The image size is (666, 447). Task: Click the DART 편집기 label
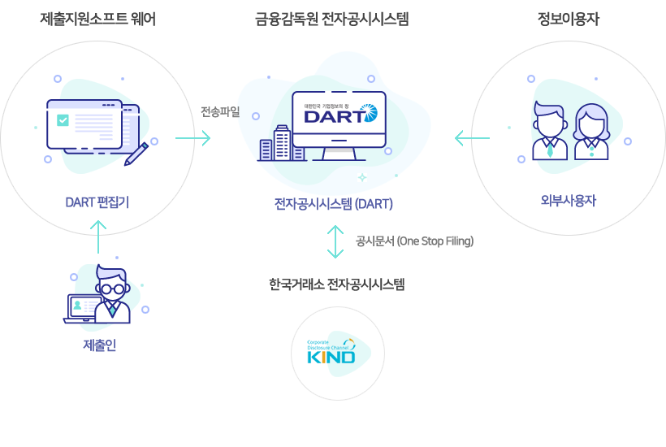(x=97, y=202)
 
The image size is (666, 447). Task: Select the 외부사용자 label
(x=568, y=201)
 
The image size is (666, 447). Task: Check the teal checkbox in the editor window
(x=63, y=120)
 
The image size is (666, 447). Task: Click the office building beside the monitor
(x=281, y=144)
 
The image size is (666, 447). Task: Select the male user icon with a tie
(x=550, y=131)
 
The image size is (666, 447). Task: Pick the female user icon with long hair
(x=591, y=132)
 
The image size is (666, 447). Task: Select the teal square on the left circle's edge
(x=202, y=138)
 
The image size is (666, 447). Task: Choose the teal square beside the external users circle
(x=463, y=138)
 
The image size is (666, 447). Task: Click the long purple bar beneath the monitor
(x=333, y=204)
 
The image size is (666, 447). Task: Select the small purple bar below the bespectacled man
(x=99, y=345)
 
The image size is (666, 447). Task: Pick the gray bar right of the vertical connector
(x=414, y=241)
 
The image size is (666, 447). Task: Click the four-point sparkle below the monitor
(x=362, y=176)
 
